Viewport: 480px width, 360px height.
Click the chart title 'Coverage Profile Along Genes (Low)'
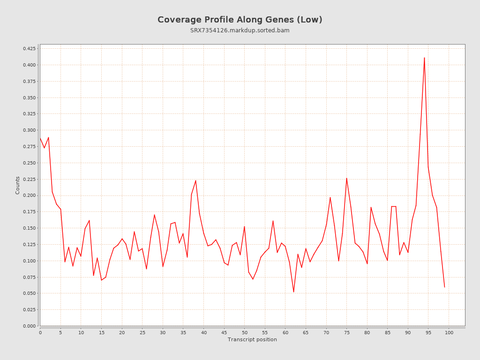[240, 20]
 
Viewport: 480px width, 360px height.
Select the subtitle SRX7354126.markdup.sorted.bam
[240, 30]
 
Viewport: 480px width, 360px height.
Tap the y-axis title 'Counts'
[18, 185]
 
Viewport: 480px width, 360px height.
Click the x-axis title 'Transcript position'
[252, 339]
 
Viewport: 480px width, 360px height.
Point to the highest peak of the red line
[424, 58]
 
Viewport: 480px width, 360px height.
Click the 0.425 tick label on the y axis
[29, 49]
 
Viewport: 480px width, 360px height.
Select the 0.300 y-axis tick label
[29, 130]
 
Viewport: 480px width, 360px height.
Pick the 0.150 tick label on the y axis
[29, 228]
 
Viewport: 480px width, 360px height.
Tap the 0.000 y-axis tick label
[29, 326]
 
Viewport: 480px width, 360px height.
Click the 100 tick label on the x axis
[449, 333]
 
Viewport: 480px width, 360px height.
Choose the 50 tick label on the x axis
[245, 333]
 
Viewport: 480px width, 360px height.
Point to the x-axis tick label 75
[347, 333]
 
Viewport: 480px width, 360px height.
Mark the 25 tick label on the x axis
[142, 333]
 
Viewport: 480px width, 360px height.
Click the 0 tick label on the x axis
[40, 333]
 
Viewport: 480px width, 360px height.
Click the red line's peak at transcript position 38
[195, 180]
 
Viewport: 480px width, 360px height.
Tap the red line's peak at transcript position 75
[347, 178]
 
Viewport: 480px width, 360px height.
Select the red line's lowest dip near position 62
[293, 292]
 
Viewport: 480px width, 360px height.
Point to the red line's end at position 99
[444, 287]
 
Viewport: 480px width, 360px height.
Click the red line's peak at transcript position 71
[330, 197]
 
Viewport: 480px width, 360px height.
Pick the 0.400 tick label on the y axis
[29, 65]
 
